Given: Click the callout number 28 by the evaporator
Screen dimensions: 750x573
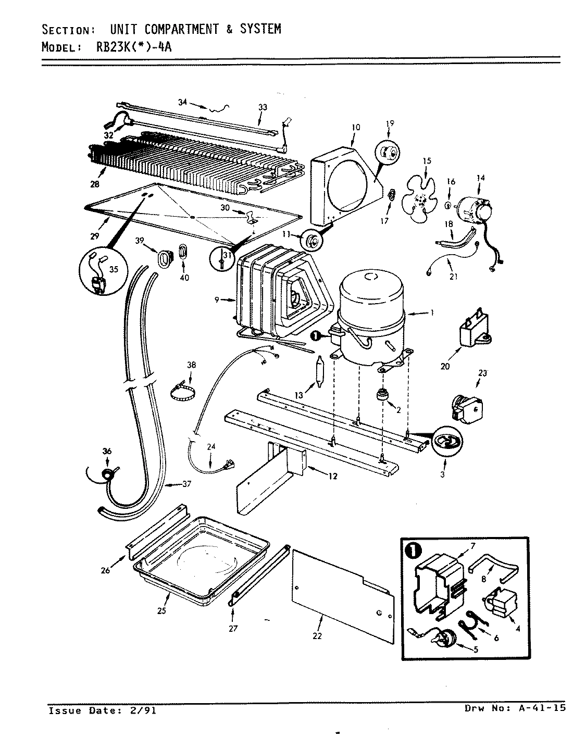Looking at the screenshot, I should click(94, 183).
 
